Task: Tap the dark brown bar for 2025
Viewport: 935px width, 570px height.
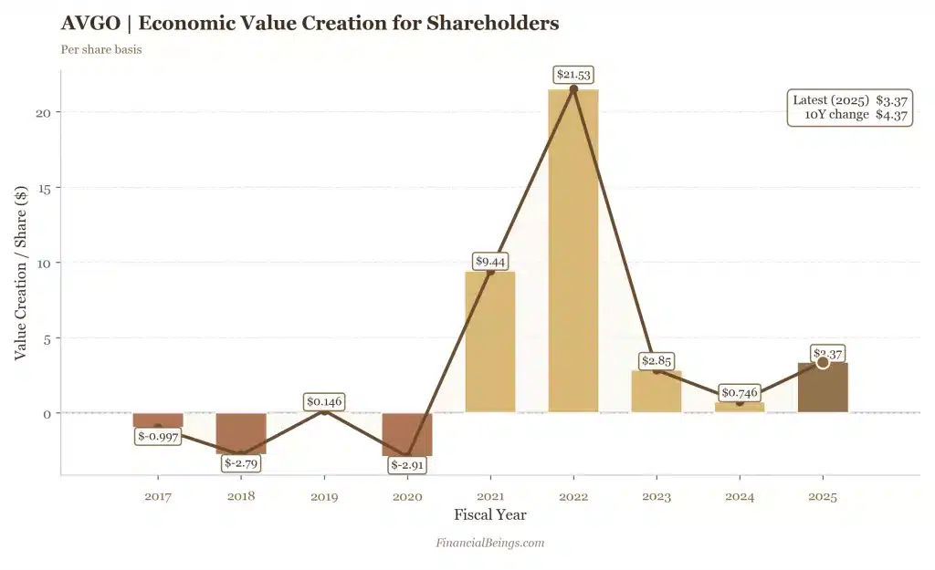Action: (822, 388)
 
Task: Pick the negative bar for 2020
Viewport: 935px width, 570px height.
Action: (407, 434)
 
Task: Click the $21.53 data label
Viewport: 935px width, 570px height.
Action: (575, 74)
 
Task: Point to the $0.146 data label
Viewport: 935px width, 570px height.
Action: (324, 401)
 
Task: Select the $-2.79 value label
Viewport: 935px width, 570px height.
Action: (242, 463)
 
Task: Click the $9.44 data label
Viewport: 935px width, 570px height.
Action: (490, 261)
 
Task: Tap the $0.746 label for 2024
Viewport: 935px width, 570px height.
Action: (739, 393)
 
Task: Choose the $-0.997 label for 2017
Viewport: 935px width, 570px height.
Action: (159, 436)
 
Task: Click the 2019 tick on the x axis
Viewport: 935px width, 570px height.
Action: (324, 497)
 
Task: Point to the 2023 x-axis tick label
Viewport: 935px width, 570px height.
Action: (656, 497)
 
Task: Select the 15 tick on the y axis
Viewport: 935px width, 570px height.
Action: (45, 187)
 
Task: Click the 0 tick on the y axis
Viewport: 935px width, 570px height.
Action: (48, 413)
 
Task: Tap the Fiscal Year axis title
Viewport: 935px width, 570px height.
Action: (490, 515)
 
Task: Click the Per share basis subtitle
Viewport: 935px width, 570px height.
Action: (100, 49)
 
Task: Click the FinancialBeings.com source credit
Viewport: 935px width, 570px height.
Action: (490, 543)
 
